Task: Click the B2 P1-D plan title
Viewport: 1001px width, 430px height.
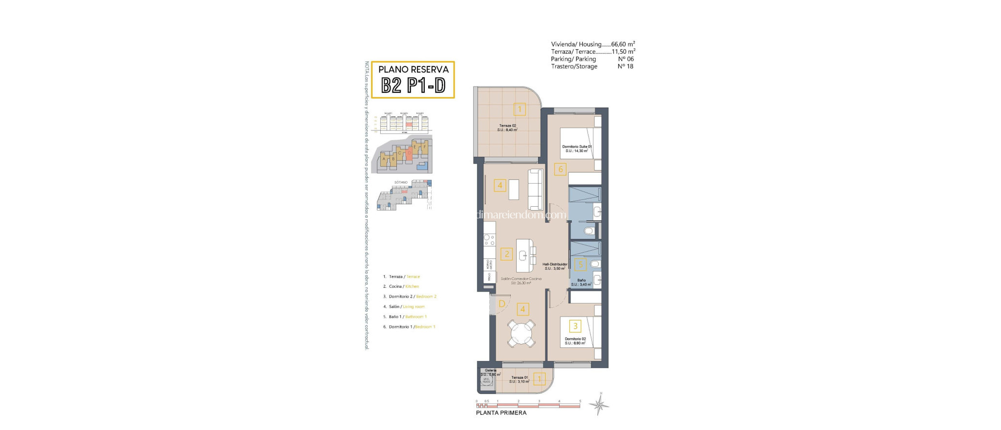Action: pyautogui.click(x=413, y=86)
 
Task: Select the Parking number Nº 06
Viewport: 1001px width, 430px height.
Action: pyautogui.click(x=626, y=59)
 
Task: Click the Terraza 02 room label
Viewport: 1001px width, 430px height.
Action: pyautogui.click(x=507, y=128)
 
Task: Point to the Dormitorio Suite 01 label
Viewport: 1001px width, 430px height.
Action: pyautogui.click(x=577, y=149)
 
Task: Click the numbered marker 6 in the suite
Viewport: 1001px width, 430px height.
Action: pyautogui.click(x=561, y=170)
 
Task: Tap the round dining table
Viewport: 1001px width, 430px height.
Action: pyautogui.click(x=521, y=334)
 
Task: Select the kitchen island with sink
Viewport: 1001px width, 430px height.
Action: pyautogui.click(x=525, y=256)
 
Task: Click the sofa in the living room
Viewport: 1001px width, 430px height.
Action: pyautogui.click(x=536, y=190)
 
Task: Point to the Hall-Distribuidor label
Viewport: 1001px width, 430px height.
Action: pyautogui.click(x=555, y=266)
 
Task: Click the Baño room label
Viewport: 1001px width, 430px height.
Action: pyautogui.click(x=581, y=282)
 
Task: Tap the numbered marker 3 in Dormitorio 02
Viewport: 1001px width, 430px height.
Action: pyautogui.click(x=575, y=326)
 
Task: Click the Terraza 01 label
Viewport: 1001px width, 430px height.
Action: pyautogui.click(x=519, y=379)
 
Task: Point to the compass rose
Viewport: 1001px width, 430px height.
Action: pyautogui.click(x=599, y=405)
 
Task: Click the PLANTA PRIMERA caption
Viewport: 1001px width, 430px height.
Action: pyautogui.click(x=501, y=413)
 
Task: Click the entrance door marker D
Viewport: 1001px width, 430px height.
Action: pyautogui.click(x=501, y=304)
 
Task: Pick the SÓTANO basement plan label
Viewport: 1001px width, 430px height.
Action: pyautogui.click(x=401, y=182)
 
